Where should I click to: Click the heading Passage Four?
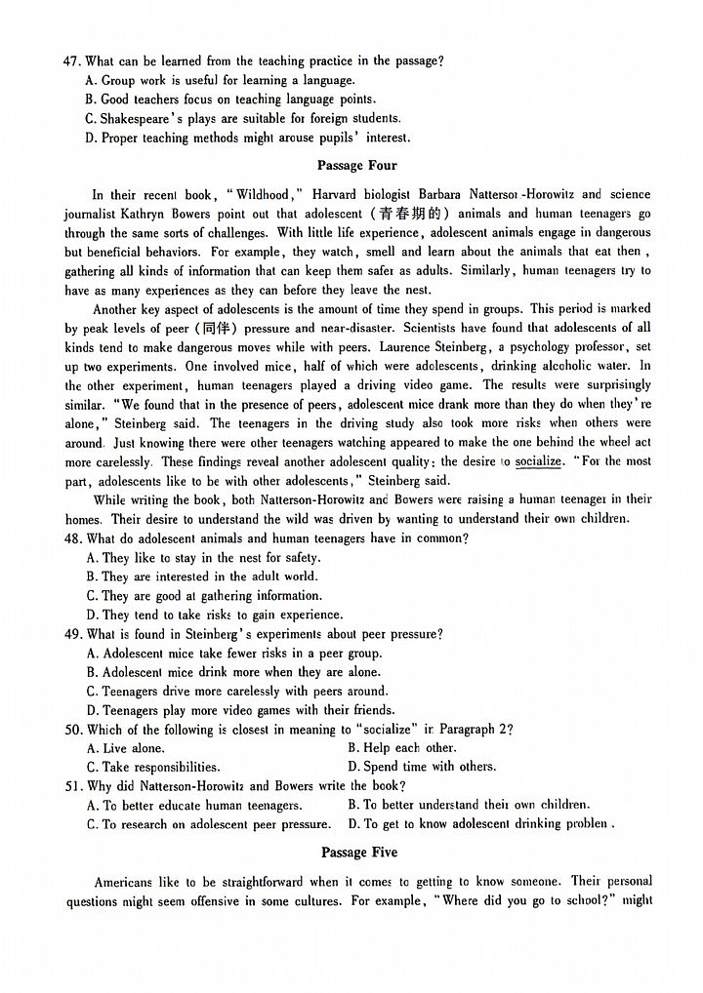356,166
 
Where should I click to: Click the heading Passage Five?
357,853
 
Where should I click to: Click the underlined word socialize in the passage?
538,461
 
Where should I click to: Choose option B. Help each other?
401,748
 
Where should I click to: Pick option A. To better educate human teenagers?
194,806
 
